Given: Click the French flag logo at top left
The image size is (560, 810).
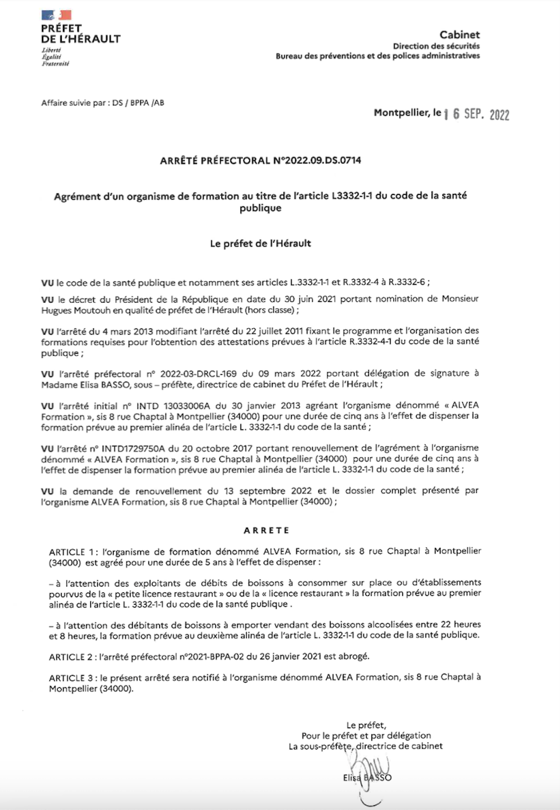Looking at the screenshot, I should [56, 15].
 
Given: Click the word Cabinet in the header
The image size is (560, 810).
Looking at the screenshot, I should [459, 35].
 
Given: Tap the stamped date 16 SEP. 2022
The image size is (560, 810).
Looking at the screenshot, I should [476, 114].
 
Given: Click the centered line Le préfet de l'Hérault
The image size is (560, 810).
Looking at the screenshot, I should [260, 243].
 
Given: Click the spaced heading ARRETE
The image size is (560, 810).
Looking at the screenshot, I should [267, 530].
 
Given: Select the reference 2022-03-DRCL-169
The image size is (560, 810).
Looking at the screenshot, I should [199, 374].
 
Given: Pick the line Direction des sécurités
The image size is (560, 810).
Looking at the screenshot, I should [436, 46].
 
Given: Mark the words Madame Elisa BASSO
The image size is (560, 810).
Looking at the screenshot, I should [86, 385].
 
